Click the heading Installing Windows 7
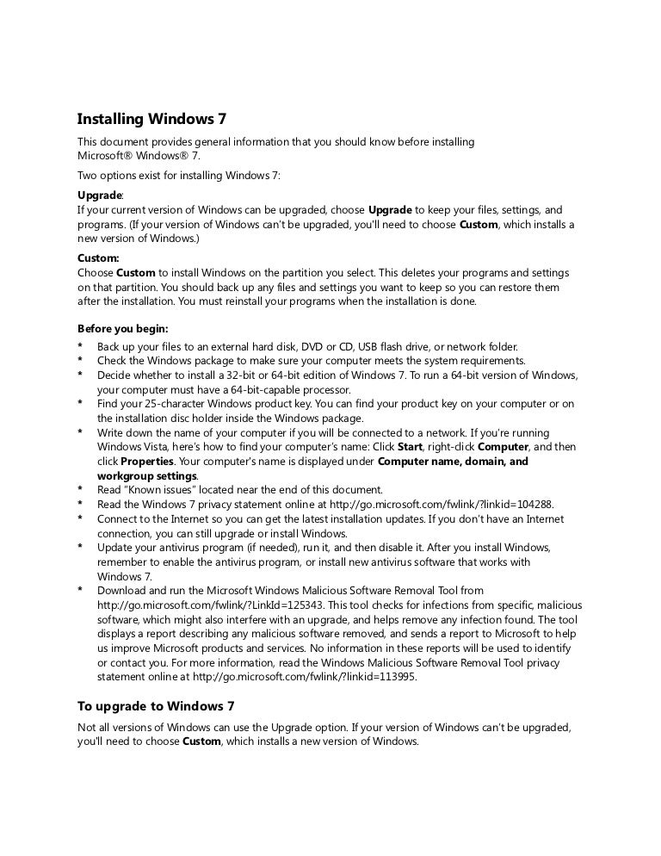(x=151, y=119)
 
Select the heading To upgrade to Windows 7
(x=156, y=706)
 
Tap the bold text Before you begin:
(x=123, y=329)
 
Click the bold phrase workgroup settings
(x=146, y=475)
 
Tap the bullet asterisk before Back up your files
(x=80, y=346)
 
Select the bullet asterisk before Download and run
(x=80, y=591)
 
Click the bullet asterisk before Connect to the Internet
(x=80, y=518)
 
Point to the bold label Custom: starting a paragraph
(x=99, y=257)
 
